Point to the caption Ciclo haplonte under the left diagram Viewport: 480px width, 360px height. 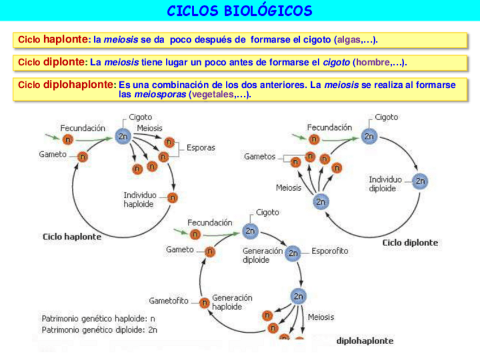point(72,237)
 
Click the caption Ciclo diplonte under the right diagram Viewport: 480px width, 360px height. point(410,242)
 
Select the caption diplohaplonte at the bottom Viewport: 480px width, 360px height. point(365,341)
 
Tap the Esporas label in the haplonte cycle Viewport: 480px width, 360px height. point(200,148)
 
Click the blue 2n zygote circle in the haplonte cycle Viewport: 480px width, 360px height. point(123,136)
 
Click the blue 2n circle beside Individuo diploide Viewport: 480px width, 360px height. point(420,182)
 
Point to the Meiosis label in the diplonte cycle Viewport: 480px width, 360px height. point(289,187)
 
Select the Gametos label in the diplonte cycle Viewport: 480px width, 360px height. point(259,156)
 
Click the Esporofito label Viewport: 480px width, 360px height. point(330,251)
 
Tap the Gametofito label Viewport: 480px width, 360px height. point(168,300)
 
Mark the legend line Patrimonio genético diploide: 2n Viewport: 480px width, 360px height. point(99,329)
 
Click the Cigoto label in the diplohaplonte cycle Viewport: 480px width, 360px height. point(267,212)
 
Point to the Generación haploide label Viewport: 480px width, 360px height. point(232,302)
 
